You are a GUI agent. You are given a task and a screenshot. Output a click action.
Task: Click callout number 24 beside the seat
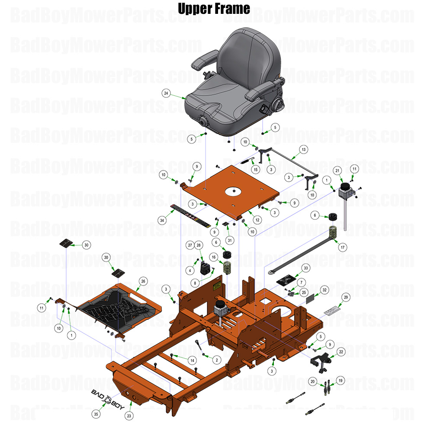pos(166,93)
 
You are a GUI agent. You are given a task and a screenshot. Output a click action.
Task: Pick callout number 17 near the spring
pos(343,247)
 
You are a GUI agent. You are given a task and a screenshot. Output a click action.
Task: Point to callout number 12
pos(257,220)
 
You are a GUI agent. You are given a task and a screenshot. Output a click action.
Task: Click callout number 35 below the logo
pos(96,414)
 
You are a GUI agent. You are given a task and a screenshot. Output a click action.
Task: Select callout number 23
pos(128,415)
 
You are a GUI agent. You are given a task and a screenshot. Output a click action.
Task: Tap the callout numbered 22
pos(341,352)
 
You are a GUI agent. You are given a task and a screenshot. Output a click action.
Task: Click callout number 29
pos(346,297)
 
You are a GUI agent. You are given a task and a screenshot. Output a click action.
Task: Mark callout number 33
pos(306,268)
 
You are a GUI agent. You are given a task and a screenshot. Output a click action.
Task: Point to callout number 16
pos(213,257)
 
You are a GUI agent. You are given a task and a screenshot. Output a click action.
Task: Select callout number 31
pos(230,240)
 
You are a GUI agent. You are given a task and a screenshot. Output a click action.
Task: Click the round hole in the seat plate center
pos(234,190)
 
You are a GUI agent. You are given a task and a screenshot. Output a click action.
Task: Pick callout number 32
pos(324,289)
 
